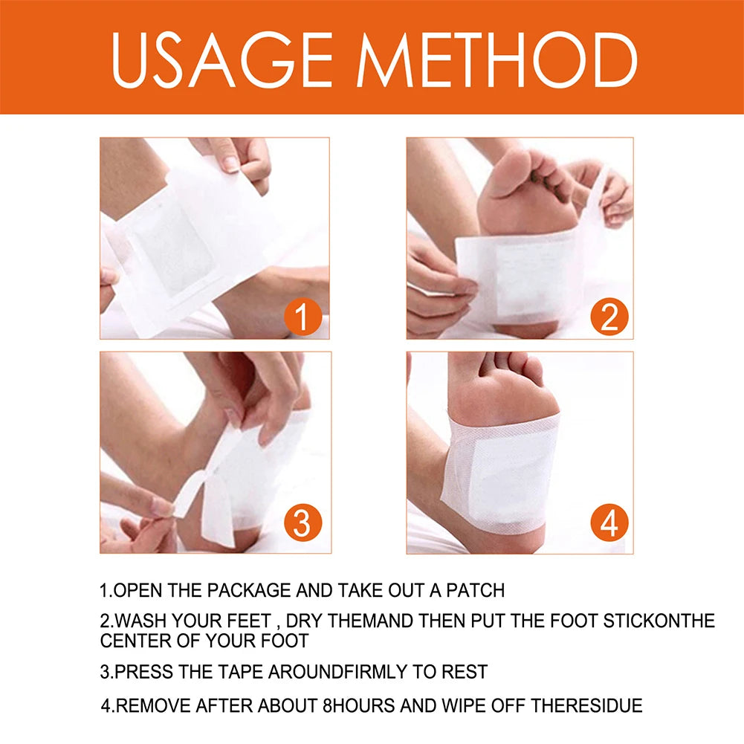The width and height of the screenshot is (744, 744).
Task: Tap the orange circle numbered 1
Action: [x=302, y=318]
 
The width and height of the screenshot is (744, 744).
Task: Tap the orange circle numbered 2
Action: [x=609, y=318]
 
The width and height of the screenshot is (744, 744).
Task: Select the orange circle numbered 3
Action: [x=302, y=523]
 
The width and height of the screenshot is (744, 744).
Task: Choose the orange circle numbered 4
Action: [x=609, y=523]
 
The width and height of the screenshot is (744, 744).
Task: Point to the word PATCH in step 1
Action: [x=476, y=591]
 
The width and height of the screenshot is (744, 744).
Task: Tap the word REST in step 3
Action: [x=465, y=673]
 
